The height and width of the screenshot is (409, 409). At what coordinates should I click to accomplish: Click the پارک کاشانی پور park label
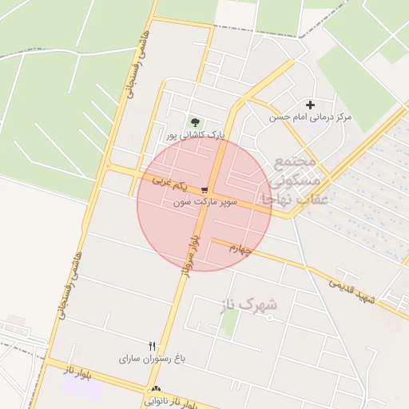[196, 135]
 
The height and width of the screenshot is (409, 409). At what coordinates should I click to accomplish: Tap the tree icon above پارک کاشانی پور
[195, 122]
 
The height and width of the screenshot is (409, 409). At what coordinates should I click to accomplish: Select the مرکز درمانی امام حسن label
[310, 117]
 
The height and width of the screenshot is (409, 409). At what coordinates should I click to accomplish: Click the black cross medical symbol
[310, 105]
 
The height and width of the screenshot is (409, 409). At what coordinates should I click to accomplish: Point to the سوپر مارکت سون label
[206, 203]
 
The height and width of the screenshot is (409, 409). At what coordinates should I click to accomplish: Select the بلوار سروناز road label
[190, 255]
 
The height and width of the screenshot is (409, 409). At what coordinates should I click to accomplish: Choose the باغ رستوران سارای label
[153, 359]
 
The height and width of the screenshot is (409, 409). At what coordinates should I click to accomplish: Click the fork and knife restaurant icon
[152, 346]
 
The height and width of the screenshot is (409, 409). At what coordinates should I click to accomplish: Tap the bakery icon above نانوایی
[155, 390]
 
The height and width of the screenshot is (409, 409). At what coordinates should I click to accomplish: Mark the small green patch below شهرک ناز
[230, 323]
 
